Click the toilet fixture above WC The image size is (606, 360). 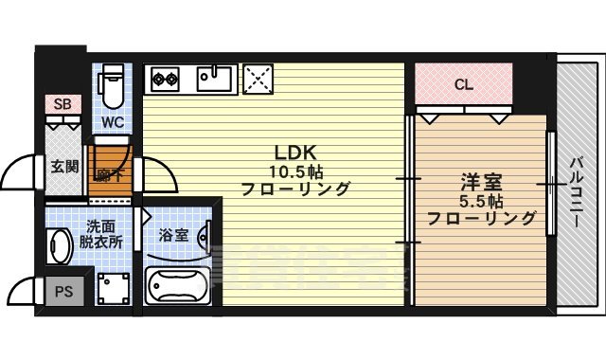pyautogui.click(x=113, y=87)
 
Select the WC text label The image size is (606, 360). pyautogui.click(x=113, y=122)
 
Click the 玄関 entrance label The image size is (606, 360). pyautogui.click(x=64, y=167)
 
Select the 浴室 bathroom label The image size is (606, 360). pyautogui.click(x=174, y=234)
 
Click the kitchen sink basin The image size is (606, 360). pyautogui.click(x=216, y=78)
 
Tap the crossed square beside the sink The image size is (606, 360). pyautogui.click(x=258, y=79)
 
